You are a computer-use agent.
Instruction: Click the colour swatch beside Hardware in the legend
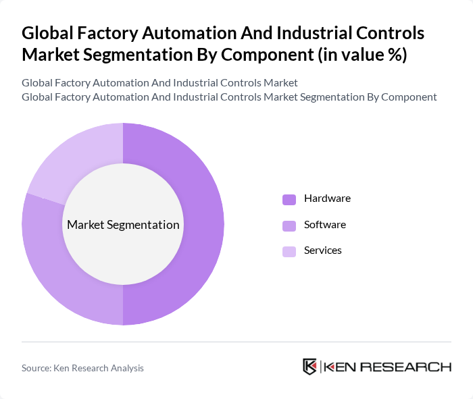(289, 199)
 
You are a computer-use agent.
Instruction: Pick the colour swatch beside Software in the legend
(289, 225)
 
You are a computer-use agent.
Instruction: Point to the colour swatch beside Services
(289, 250)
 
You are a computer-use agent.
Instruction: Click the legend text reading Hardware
(327, 198)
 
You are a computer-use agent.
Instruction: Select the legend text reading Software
(324, 224)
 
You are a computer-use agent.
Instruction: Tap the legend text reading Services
(322, 250)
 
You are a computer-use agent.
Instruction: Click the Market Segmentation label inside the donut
(123, 225)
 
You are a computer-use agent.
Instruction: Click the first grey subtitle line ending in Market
(159, 82)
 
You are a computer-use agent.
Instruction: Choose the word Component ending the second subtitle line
(408, 97)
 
